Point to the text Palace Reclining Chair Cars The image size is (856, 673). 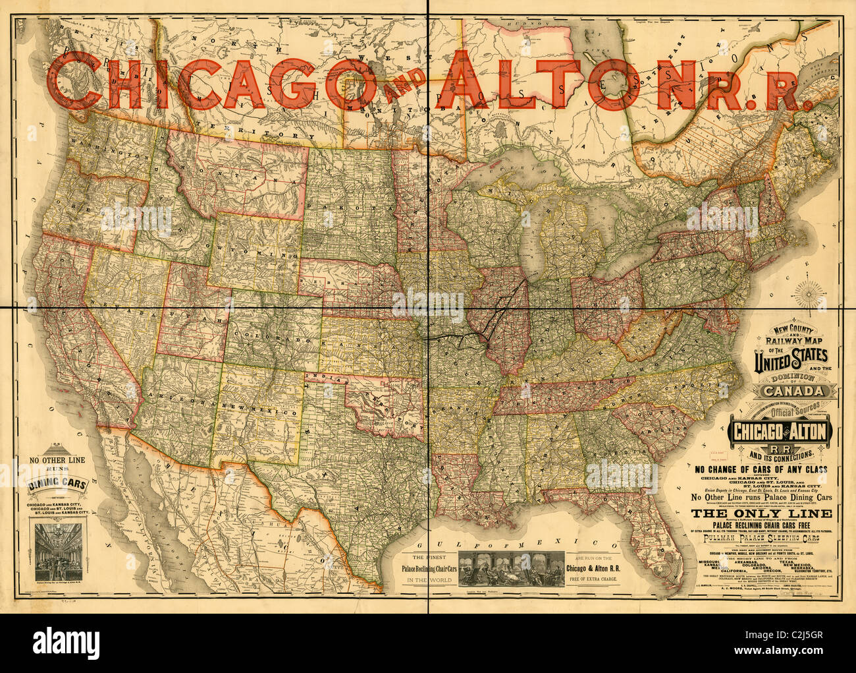[x=427, y=568]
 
